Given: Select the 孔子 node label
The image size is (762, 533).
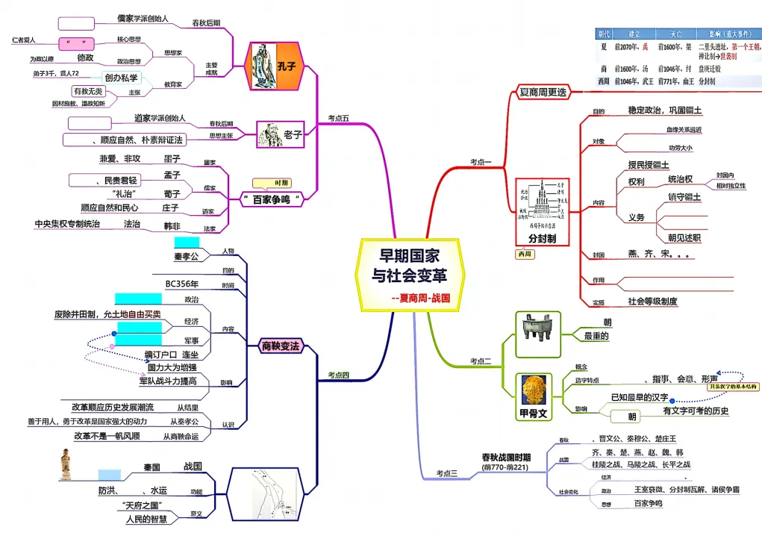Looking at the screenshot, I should pyautogui.click(x=287, y=66).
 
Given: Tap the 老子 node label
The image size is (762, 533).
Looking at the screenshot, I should pyautogui.click(x=293, y=135).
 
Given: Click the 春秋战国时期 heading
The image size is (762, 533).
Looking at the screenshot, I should pyautogui.click(x=506, y=457).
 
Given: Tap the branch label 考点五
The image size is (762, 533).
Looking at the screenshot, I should pyautogui.click(x=338, y=118).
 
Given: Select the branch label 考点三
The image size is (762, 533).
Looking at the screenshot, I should pyautogui.click(x=447, y=473).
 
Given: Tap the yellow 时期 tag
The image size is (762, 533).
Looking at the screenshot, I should pyautogui.click(x=282, y=183).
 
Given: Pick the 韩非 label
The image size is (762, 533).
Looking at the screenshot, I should pyautogui.click(x=172, y=225).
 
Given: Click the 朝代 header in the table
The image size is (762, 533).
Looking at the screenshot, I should pyautogui.click(x=603, y=34).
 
